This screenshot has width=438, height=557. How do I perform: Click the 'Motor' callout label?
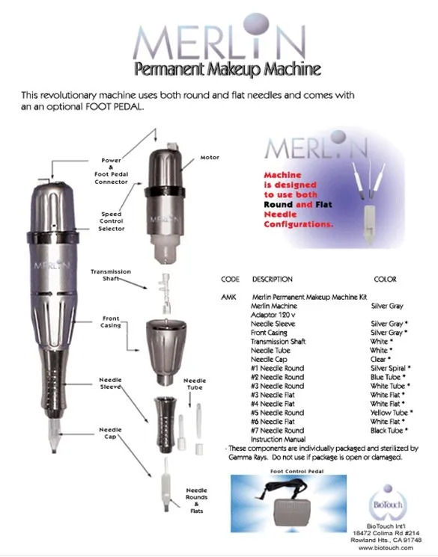click(210, 157)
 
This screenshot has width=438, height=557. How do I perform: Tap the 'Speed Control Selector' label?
click(112, 221)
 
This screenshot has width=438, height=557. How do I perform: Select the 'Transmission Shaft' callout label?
click(111, 275)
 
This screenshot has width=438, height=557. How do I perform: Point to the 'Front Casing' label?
click(111, 321)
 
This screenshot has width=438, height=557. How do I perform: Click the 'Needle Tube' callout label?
click(195, 384)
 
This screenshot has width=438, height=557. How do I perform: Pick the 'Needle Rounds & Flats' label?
click(196, 500)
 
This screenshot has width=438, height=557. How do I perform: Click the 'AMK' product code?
click(228, 297)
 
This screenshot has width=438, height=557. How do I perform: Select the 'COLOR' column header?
click(385, 279)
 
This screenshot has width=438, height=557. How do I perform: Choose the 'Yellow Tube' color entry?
click(389, 413)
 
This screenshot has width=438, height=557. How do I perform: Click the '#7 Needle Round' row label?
click(278, 431)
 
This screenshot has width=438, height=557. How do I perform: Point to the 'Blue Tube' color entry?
click(386, 378)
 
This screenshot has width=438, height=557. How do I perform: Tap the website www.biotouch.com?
click(386, 548)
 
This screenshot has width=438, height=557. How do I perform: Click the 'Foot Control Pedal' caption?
click(297, 471)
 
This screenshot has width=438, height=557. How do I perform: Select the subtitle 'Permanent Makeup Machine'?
click(228, 69)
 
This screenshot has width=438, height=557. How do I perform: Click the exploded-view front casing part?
click(166, 351)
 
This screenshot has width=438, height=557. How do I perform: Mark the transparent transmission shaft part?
click(165, 293)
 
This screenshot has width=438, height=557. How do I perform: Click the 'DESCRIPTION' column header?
click(273, 279)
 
